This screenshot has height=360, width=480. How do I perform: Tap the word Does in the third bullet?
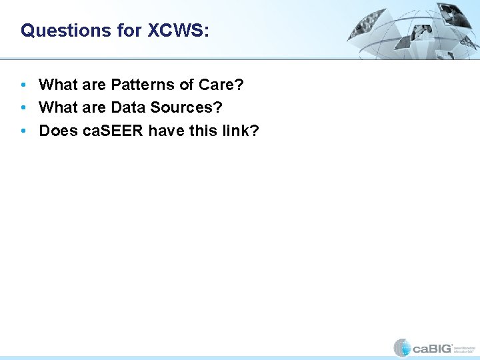click(58, 131)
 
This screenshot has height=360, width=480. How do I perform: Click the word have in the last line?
click(167, 131)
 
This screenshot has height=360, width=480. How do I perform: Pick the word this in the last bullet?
click(203, 131)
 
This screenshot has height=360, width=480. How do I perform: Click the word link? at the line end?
click(240, 131)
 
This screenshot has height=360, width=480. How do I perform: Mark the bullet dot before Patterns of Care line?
click(24, 85)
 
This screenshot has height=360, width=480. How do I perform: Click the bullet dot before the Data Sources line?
click(24, 108)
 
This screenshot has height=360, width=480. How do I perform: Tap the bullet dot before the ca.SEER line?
click(24, 131)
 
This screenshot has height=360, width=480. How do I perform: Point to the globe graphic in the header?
click(413, 30)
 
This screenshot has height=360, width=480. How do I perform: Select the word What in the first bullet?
click(58, 85)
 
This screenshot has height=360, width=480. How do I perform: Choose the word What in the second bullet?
click(58, 107)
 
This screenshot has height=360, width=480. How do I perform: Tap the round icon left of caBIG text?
click(402, 347)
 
